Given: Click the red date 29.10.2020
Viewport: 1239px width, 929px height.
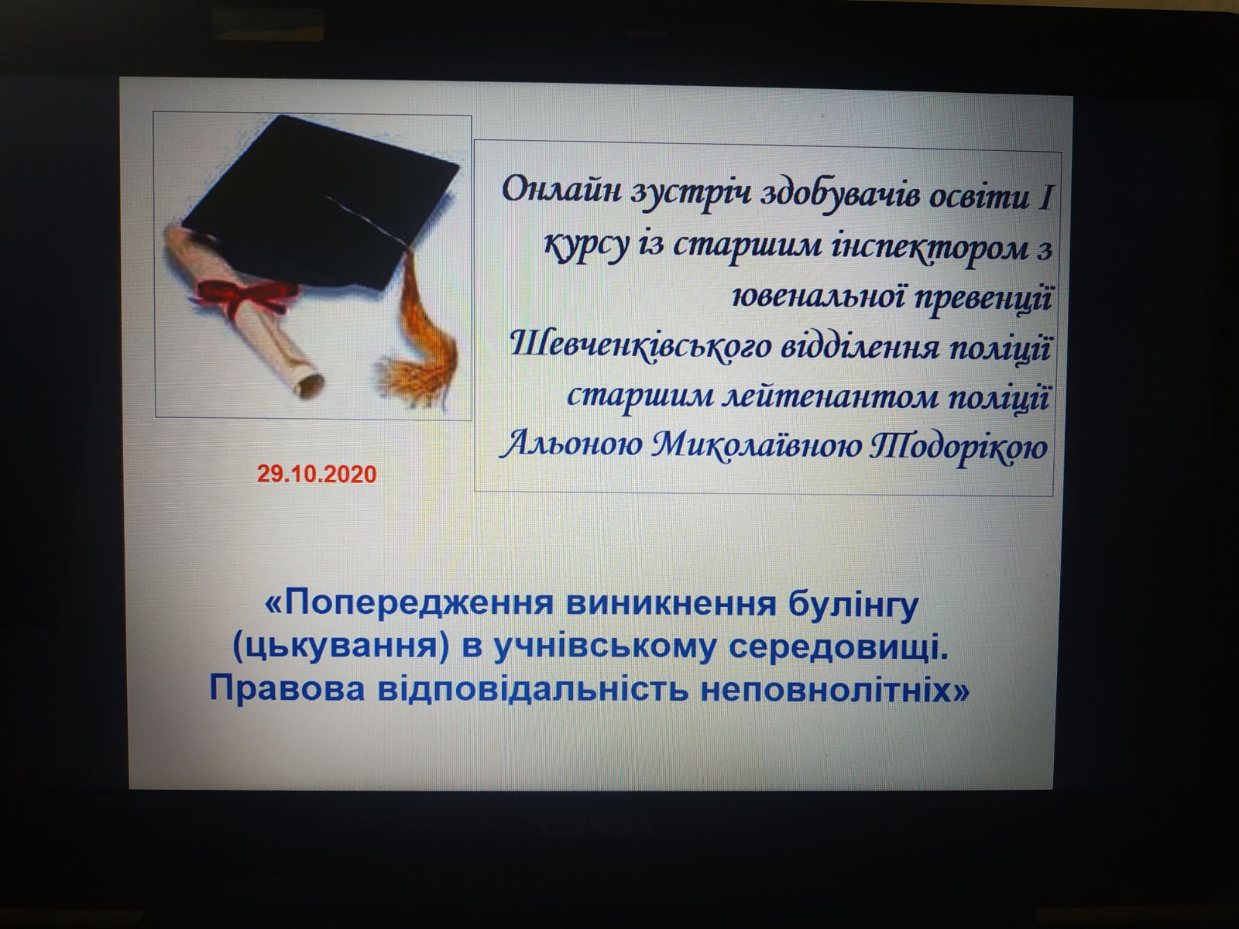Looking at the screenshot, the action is click(317, 474).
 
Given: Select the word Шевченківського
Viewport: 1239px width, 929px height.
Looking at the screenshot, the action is click(640, 346).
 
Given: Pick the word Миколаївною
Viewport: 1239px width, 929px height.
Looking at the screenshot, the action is click(754, 447).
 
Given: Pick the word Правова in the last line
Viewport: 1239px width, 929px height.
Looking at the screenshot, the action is click(287, 689).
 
